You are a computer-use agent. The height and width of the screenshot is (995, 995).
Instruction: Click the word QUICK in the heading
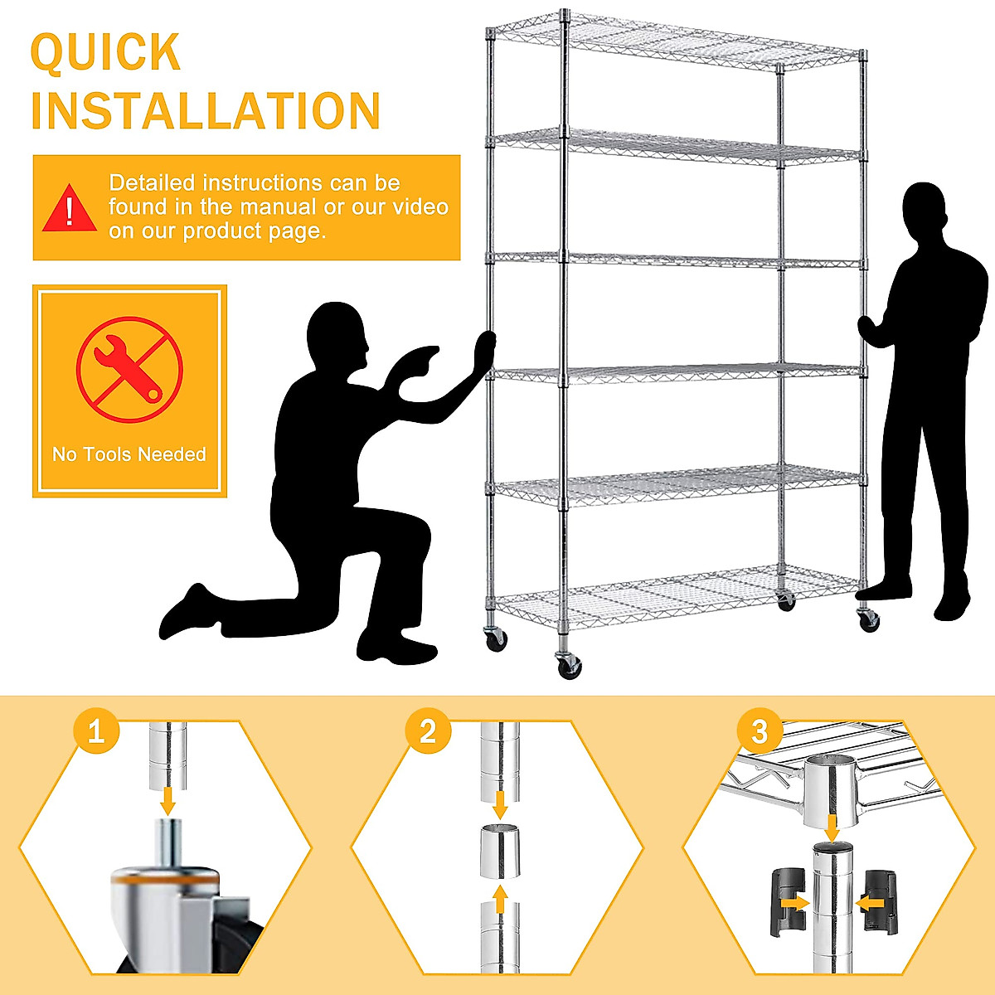pyautogui.click(x=105, y=53)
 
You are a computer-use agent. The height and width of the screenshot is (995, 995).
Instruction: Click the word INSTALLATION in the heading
pyautogui.click(x=205, y=112)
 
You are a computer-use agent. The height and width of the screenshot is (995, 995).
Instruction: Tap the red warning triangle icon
pyautogui.click(x=70, y=208)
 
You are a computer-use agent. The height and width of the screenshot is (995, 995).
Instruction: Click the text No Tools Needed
pyautogui.click(x=129, y=454)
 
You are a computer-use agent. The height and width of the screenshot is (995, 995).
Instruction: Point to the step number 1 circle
pyautogui.click(x=96, y=732)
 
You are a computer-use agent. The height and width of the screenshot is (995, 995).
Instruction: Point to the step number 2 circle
pyautogui.click(x=428, y=732)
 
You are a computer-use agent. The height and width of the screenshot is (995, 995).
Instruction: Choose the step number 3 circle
pyautogui.click(x=760, y=732)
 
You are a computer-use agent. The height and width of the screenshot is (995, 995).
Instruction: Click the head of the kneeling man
pyautogui.click(x=337, y=337)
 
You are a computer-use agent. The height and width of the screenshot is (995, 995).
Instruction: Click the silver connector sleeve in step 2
pyautogui.click(x=500, y=851)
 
